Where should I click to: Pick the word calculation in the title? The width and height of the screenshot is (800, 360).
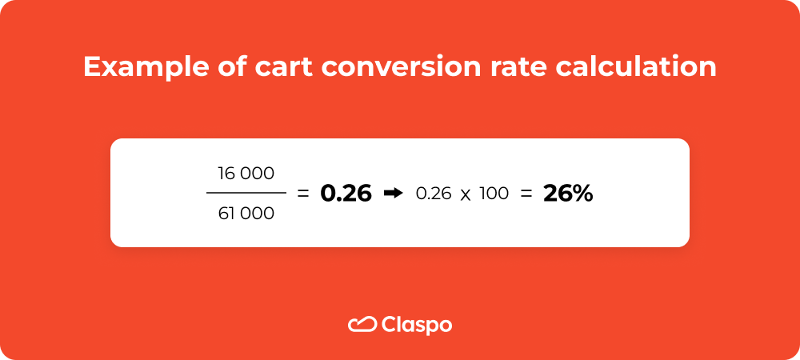pos(634,67)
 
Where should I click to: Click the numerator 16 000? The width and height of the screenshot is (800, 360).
pos(246,173)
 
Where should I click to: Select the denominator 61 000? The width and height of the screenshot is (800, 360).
pos(246,213)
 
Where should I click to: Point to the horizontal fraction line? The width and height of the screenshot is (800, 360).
pos(246,193)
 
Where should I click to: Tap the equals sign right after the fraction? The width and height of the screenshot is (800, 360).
pos(302,194)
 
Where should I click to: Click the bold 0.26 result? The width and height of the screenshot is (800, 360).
pos(346,193)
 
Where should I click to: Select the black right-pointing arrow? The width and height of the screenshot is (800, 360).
pos(393,193)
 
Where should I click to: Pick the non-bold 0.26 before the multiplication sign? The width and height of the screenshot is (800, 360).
pos(433,193)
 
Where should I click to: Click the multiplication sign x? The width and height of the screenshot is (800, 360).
pos(466,194)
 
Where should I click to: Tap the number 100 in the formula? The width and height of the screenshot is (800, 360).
pos(494,193)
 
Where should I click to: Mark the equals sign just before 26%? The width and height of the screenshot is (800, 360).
pos(526,194)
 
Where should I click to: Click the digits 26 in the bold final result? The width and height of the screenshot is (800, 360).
pos(557,193)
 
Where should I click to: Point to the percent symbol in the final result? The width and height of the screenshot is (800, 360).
pos(582,193)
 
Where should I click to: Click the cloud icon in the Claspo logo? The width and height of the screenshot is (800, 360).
pos(362,325)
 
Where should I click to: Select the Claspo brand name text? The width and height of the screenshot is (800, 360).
pos(417,326)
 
